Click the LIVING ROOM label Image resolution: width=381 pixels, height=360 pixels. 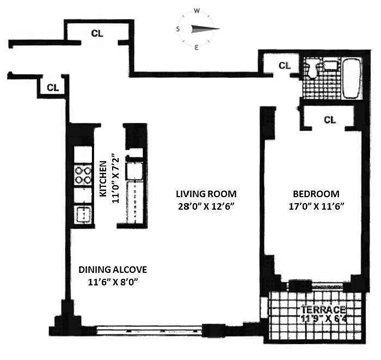(206, 194)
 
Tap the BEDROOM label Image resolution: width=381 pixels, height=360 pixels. (316, 194)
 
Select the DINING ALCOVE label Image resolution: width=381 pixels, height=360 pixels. (113, 270)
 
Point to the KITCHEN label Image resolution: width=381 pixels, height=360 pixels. (103, 179)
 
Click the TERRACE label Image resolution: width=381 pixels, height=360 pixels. (323, 310)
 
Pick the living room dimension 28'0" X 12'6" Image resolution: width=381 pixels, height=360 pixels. (206, 206)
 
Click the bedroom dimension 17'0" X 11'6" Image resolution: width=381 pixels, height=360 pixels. (316, 206)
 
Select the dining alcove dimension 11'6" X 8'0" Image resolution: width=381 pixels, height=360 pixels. (113, 283)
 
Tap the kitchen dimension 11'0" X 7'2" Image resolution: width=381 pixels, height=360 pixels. (115, 178)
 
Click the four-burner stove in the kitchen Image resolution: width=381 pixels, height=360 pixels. (83, 175)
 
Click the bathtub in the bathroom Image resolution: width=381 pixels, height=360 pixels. (352, 77)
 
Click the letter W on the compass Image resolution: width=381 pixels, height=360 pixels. (197, 11)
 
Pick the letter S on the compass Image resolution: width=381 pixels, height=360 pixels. (178, 29)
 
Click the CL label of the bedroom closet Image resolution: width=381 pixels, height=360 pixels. (330, 120)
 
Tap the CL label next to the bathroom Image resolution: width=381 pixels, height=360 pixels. (285, 65)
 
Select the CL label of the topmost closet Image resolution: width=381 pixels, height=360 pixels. (97, 33)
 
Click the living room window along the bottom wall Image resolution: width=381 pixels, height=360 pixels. (149, 331)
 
